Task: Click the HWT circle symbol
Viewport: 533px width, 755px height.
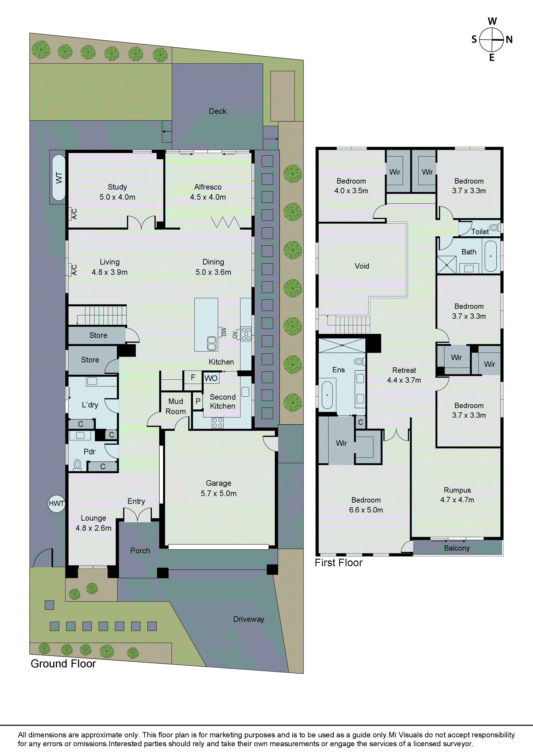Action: click(57, 503)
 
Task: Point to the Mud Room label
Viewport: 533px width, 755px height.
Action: click(175, 406)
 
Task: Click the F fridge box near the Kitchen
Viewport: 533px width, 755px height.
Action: click(193, 377)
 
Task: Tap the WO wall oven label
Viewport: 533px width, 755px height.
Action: click(211, 378)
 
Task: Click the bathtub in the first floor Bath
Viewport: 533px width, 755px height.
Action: click(491, 256)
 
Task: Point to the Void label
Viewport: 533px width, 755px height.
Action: click(361, 266)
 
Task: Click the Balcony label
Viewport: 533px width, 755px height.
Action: click(457, 548)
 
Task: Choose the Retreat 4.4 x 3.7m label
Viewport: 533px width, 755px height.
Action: click(404, 375)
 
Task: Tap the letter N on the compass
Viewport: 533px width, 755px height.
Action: click(509, 40)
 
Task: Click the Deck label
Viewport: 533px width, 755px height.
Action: click(217, 111)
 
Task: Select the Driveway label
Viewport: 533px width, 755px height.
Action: click(249, 619)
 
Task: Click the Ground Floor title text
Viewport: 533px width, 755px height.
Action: click(63, 664)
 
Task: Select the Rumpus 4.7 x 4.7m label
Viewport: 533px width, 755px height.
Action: click(457, 495)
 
